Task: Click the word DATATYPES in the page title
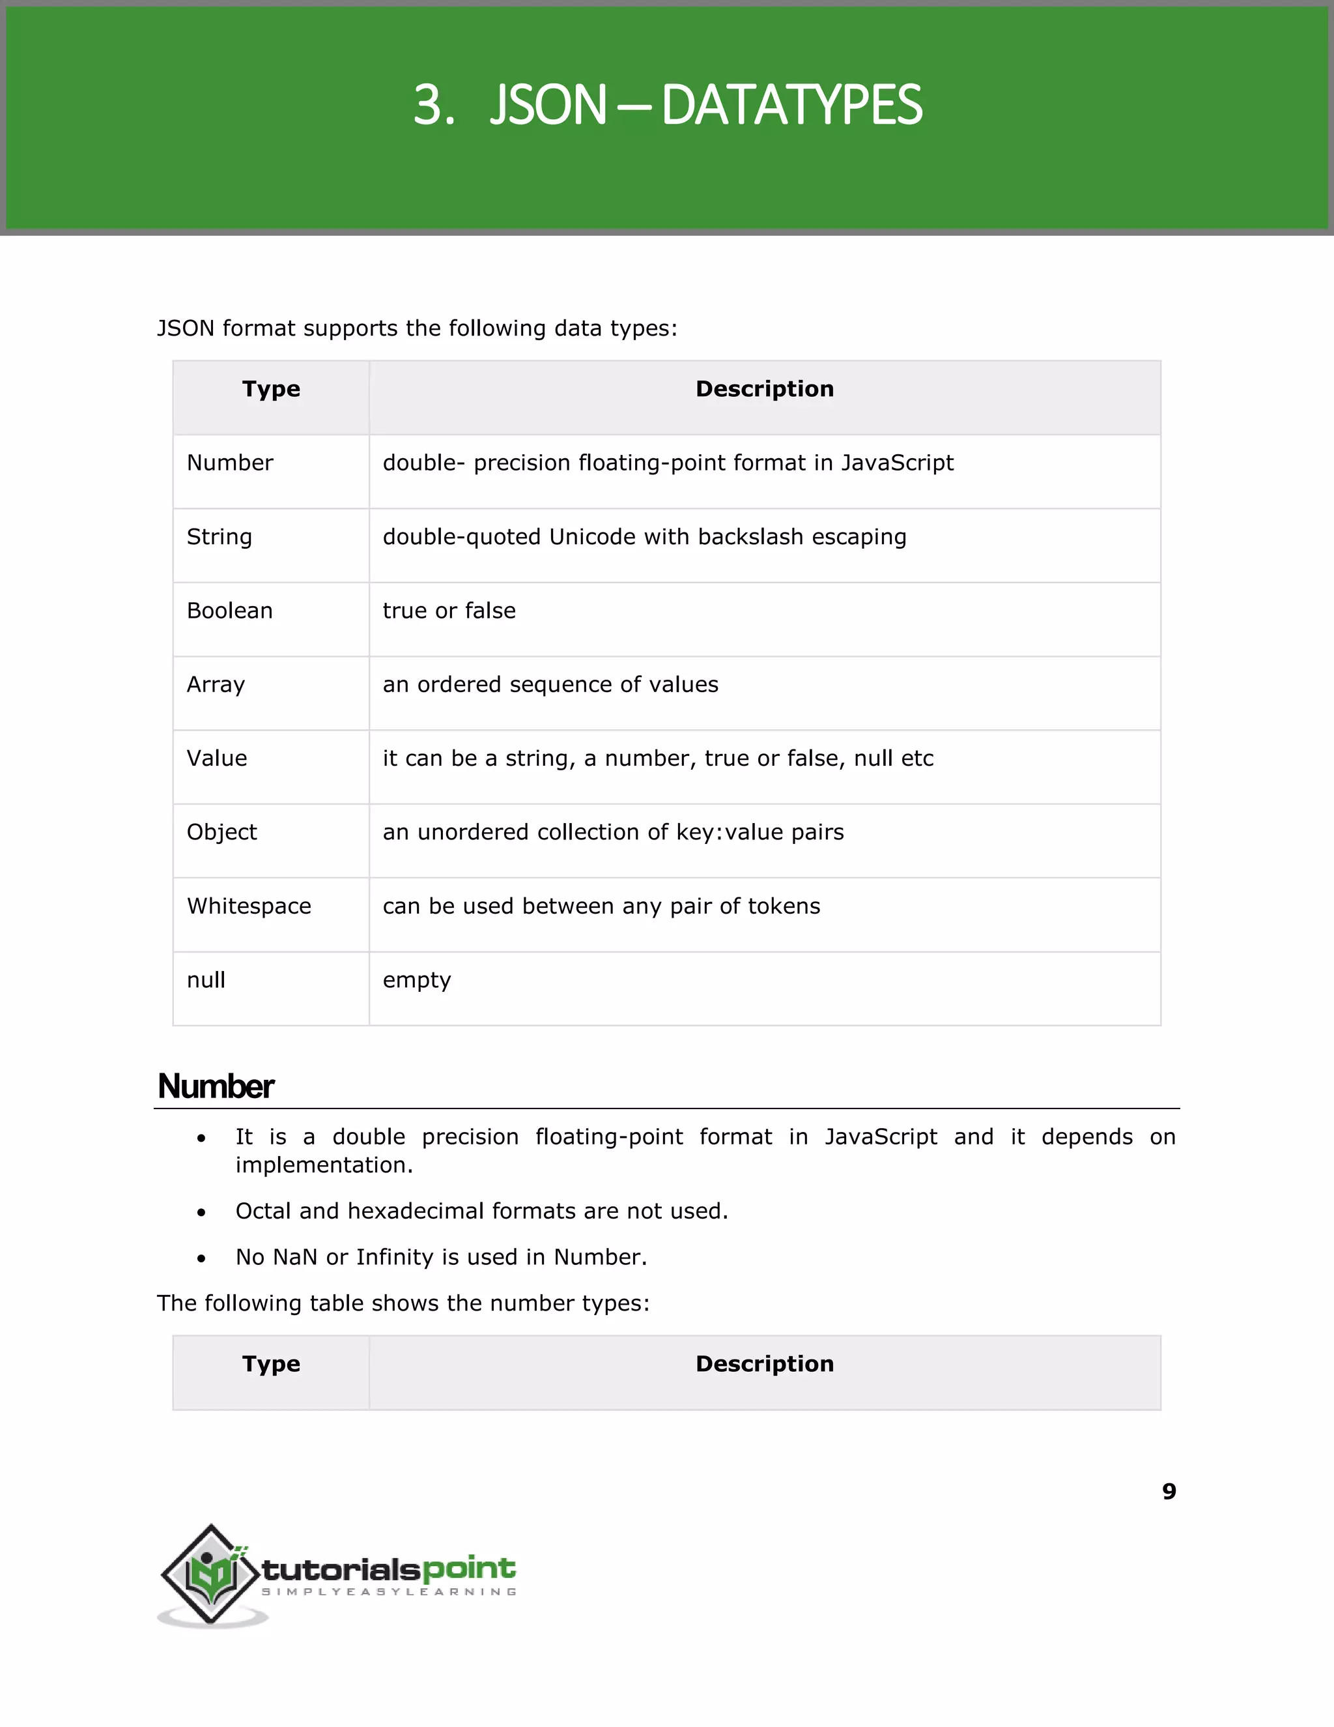click(x=791, y=105)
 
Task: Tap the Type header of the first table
click(x=271, y=389)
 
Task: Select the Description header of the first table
click(x=764, y=389)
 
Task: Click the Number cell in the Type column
click(x=230, y=463)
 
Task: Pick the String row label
click(x=219, y=537)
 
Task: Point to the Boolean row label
click(x=229, y=611)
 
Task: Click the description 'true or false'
click(x=449, y=611)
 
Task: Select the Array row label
click(x=216, y=685)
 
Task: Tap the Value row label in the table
click(x=216, y=759)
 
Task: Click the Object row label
click(x=221, y=832)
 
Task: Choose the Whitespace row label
click(x=249, y=907)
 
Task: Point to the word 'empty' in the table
click(x=416, y=981)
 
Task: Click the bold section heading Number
click(x=216, y=1086)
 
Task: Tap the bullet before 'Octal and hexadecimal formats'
click(x=201, y=1212)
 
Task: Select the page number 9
click(x=1169, y=1491)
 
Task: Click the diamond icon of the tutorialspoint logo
click(x=211, y=1574)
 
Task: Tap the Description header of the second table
click(x=764, y=1364)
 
